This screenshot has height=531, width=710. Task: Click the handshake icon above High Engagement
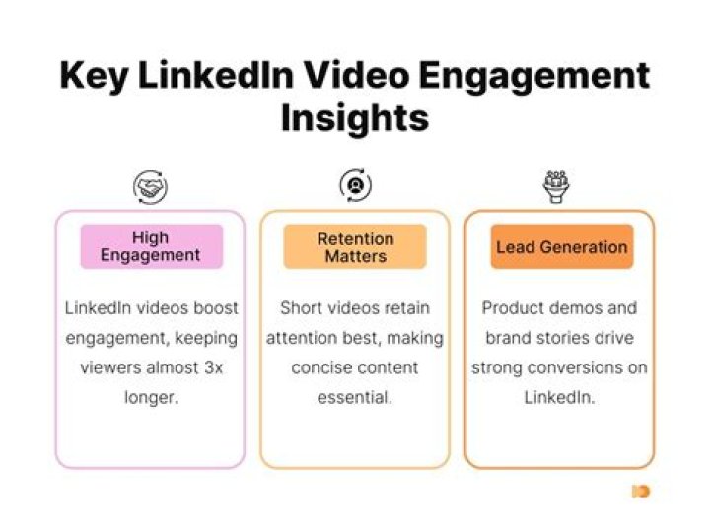150,186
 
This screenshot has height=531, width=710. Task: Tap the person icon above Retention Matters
355,185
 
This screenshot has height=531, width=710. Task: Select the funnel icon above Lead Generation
557,186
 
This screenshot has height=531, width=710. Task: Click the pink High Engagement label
151,246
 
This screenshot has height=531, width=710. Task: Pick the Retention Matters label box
355,247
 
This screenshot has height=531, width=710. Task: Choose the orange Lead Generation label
561,247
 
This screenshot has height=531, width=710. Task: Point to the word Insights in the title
355,118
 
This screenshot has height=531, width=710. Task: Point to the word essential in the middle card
355,398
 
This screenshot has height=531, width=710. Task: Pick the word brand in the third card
509,338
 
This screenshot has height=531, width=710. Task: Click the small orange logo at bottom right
641,491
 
